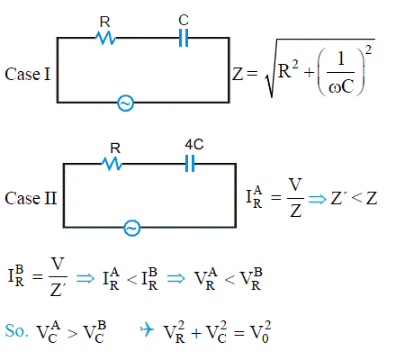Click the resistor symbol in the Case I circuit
(x=105, y=38)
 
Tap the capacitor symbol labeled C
(x=184, y=38)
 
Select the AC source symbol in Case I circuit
(x=125, y=103)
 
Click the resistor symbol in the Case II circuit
(x=112, y=164)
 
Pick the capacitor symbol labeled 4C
(x=190, y=164)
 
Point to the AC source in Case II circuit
(x=131, y=228)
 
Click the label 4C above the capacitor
(x=194, y=145)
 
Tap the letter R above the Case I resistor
(x=104, y=22)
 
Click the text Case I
(x=28, y=74)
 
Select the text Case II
(x=31, y=198)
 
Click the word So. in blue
(x=17, y=330)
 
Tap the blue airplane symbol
(x=147, y=330)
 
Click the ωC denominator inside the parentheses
(x=341, y=87)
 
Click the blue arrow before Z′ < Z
(x=317, y=199)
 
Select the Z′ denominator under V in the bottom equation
(x=58, y=290)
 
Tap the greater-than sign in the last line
(x=72, y=333)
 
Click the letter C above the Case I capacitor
(x=184, y=20)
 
